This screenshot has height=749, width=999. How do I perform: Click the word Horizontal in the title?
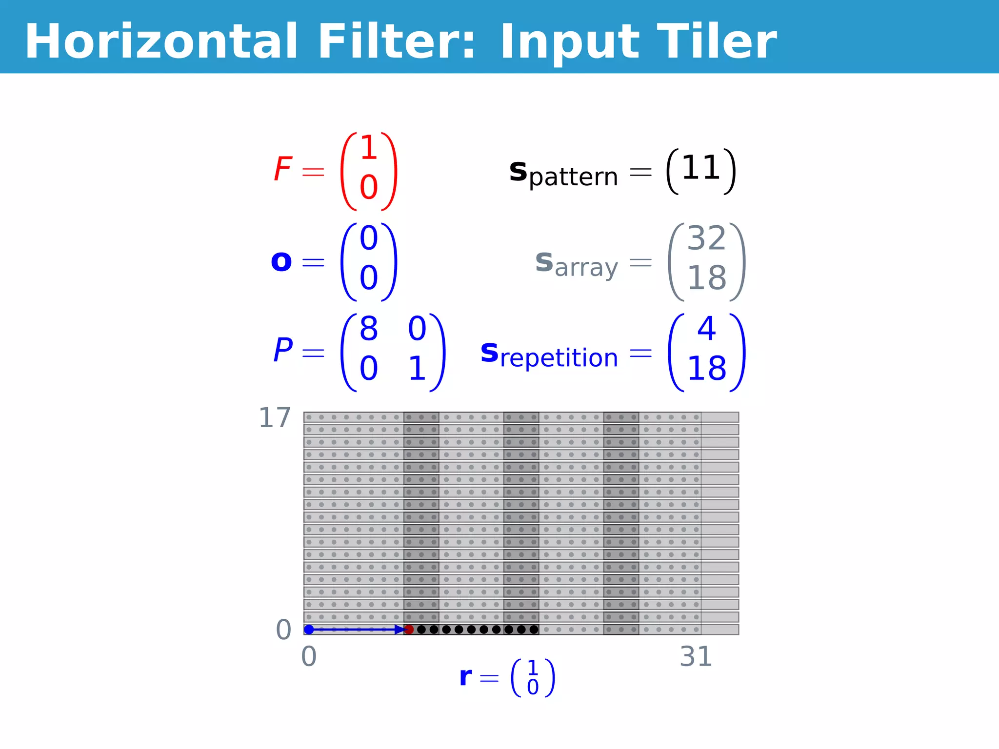click(161, 42)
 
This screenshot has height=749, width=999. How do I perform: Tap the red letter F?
click(283, 169)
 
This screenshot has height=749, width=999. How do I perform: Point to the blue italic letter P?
click(283, 350)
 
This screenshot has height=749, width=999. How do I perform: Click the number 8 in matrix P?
click(369, 329)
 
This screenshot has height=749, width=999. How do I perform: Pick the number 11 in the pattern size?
click(701, 168)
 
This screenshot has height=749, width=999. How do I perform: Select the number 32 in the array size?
click(707, 238)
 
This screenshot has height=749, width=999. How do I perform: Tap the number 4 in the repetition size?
click(707, 329)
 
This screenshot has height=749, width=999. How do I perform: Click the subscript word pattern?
click(574, 177)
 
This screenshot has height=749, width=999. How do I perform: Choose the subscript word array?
click(586, 268)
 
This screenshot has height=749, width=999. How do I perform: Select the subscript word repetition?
click(559, 358)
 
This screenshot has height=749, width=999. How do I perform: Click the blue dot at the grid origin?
click(309, 630)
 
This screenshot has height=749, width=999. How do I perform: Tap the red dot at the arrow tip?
click(409, 630)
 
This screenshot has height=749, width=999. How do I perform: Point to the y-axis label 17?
click(275, 418)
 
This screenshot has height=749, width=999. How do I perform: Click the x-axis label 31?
click(696, 657)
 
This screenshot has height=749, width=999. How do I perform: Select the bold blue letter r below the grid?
click(466, 677)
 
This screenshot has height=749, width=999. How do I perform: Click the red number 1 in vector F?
click(369, 148)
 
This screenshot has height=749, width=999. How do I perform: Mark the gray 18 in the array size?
click(707, 278)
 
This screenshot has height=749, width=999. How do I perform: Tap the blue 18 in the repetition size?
click(707, 368)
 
